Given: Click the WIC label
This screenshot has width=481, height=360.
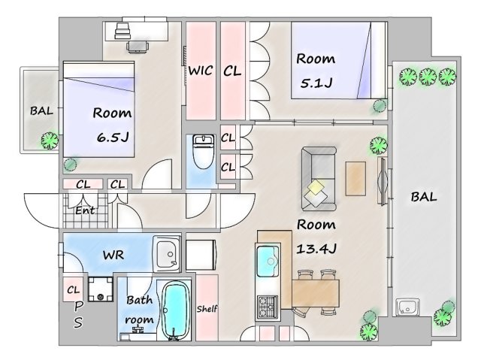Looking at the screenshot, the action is [x=201, y=71].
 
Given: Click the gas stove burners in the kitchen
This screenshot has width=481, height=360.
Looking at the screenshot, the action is [x=268, y=307].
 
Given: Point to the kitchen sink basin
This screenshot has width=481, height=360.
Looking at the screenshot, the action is [x=268, y=261].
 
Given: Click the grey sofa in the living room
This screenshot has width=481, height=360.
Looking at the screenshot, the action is [x=319, y=179].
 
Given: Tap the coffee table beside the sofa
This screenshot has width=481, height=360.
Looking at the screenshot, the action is [x=355, y=178].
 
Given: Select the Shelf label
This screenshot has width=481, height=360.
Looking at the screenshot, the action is [x=207, y=308].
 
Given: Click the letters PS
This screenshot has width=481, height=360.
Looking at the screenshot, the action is [x=78, y=314].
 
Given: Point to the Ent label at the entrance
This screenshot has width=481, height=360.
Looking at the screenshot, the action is [x=85, y=210].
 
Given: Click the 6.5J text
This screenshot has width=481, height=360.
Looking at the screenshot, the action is [x=113, y=137].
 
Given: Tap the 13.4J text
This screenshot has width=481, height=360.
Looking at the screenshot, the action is [x=316, y=248].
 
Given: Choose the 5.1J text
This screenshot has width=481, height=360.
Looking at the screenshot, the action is [x=316, y=83].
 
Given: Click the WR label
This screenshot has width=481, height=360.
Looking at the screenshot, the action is [x=113, y=255].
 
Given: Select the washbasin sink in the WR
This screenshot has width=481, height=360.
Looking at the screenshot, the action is [x=167, y=254].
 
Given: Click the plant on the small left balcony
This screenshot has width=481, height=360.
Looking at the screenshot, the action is [x=50, y=140].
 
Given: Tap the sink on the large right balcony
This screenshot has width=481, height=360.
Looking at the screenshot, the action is [x=407, y=307].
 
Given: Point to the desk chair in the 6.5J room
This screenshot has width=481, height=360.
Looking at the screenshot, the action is [x=138, y=47].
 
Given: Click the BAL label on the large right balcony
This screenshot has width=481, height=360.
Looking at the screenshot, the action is [x=424, y=197].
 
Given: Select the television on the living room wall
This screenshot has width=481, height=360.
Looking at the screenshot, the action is [x=383, y=181].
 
